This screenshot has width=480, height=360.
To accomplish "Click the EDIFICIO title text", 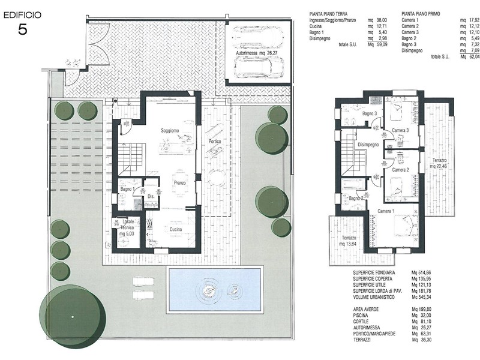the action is coord(22,16).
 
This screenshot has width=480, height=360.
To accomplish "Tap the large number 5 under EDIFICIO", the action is coord(23,29).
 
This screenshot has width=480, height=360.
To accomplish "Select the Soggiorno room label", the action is coord(170,131).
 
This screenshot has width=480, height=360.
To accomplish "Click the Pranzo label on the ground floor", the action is coord(180,183).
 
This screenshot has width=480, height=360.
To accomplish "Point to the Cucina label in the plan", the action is coord(176,229).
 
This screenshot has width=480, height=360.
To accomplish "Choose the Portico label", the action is coord(215,142).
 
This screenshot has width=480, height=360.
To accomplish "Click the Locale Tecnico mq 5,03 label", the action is coord(127,227).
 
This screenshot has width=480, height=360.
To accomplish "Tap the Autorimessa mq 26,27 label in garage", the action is coord(254,53).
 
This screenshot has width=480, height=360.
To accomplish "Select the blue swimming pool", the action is coord(215,290).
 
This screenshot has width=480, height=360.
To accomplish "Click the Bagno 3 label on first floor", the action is coord(370,113).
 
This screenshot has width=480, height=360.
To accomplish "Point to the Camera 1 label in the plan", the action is coord(386,211).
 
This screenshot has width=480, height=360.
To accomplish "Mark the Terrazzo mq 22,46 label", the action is coord(440,163).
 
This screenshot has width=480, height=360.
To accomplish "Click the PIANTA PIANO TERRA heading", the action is coord(328,14).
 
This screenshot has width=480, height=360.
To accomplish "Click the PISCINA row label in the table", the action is coord(361,316).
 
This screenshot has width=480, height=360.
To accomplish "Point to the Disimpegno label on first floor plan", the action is coord(368,145).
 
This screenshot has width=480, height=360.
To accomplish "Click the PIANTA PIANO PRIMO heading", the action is coord(421,14).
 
